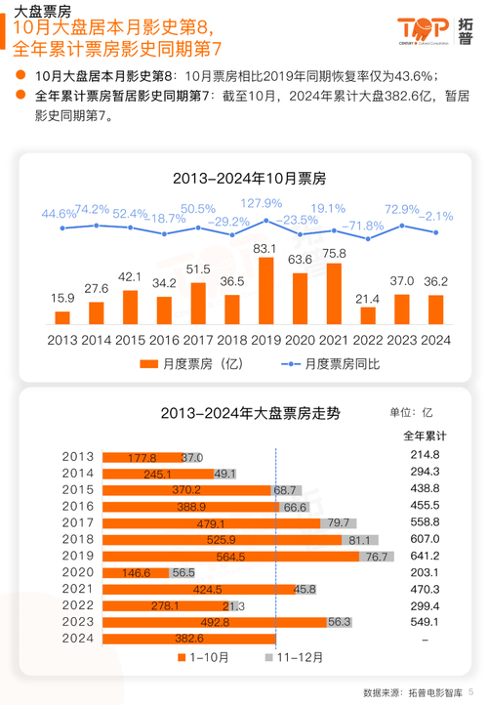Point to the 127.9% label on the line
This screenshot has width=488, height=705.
[x=262, y=203]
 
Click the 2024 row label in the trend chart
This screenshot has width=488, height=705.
[x=78, y=639]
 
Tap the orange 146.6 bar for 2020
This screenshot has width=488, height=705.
[x=135, y=572]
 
